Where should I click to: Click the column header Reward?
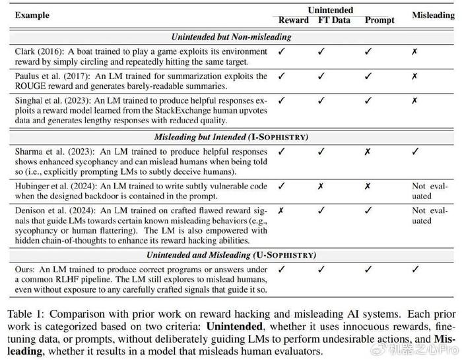293,20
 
